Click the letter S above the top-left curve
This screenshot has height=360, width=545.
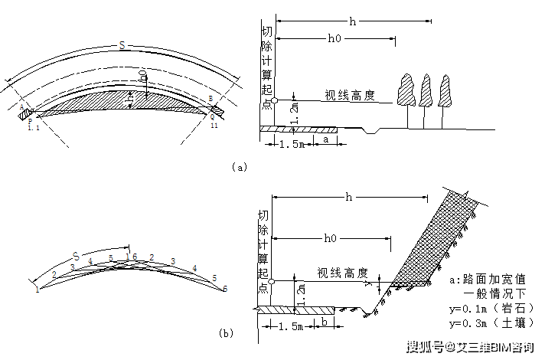pyautogui.click(x=122, y=47)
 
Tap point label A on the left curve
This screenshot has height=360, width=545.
pyautogui.click(x=23, y=106)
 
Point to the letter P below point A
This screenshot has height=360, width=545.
pyautogui.click(x=29, y=119)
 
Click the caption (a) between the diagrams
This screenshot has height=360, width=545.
pyautogui.click(x=240, y=166)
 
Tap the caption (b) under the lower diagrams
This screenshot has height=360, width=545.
pyautogui.click(x=226, y=333)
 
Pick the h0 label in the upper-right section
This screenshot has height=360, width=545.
pyautogui.click(x=335, y=38)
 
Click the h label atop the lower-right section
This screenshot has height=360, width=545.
pyautogui.click(x=349, y=198)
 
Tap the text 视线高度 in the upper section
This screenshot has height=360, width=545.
pyautogui.click(x=349, y=95)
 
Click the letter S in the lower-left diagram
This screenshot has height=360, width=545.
pyautogui.click(x=76, y=254)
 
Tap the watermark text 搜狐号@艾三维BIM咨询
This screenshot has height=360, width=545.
pyautogui.click(x=470, y=348)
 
